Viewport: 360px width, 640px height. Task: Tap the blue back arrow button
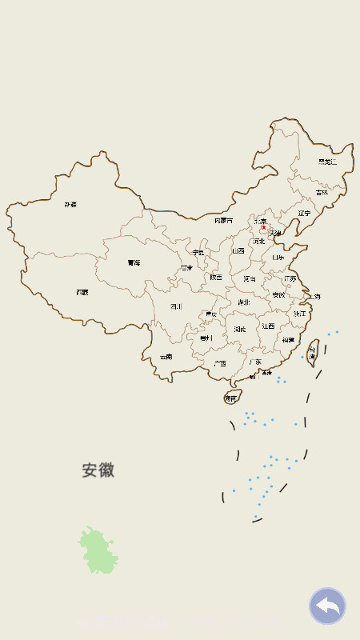click(327, 606)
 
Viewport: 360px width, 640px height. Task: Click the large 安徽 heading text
click(98, 470)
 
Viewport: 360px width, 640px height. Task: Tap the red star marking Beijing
click(264, 227)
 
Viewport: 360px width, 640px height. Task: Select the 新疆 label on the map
click(71, 205)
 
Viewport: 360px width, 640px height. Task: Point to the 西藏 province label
click(82, 293)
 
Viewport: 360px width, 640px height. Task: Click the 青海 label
click(134, 262)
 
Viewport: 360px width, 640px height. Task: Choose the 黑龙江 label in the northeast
click(327, 162)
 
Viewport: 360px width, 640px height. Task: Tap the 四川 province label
click(176, 306)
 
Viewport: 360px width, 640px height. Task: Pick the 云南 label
click(166, 357)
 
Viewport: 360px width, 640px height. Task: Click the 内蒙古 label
click(224, 220)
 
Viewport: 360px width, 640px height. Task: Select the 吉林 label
click(322, 192)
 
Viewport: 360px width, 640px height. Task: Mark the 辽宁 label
click(304, 214)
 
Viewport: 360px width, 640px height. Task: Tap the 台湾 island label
click(313, 351)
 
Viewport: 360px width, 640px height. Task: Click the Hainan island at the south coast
click(231, 397)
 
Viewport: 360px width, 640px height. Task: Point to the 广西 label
click(219, 363)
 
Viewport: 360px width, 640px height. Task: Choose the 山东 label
click(278, 258)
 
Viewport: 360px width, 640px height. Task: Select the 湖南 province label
click(240, 329)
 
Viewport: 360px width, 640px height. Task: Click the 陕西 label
click(216, 278)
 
